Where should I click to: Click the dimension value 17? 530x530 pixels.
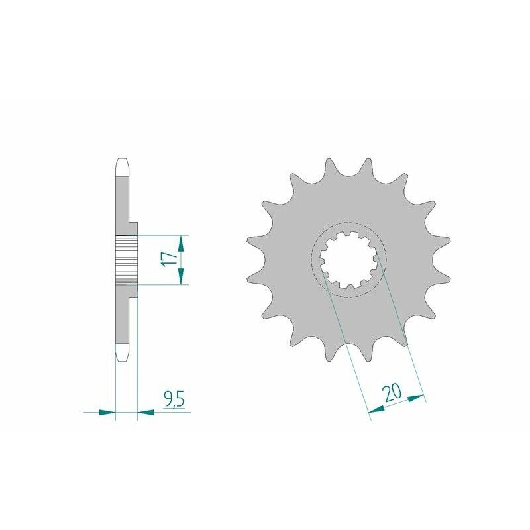click(x=170, y=259)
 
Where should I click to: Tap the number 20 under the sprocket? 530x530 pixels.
click(x=392, y=392)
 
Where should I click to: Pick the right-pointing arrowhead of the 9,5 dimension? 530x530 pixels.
click(x=107, y=412)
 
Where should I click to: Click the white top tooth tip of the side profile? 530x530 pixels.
click(x=122, y=167)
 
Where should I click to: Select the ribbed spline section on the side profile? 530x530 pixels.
click(x=126, y=259)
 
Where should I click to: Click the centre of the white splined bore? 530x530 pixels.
click(x=349, y=260)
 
